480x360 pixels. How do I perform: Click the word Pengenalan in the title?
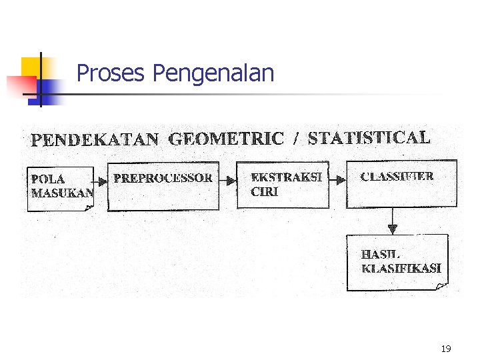[x=213, y=73]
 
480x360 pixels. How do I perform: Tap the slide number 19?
[x=446, y=348]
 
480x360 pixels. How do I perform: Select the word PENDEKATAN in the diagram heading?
[x=95, y=140]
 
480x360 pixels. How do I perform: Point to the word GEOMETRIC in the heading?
[x=226, y=139]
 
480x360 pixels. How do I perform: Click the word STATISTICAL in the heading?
[x=369, y=138]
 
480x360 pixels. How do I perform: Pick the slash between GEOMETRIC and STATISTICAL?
[x=295, y=139]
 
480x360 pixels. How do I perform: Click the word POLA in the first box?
[x=48, y=179]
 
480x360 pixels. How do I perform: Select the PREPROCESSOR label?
[x=163, y=178]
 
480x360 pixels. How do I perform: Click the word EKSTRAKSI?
[x=286, y=177]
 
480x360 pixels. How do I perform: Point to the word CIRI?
[x=265, y=191]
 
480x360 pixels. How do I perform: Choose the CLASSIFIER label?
[x=397, y=177]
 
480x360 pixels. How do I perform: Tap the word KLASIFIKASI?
[x=401, y=268]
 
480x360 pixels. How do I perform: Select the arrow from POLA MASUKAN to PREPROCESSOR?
[x=100, y=180]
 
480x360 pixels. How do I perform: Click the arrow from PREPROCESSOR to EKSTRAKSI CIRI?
[x=228, y=180]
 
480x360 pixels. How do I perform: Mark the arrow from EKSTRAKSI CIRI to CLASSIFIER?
[x=338, y=179]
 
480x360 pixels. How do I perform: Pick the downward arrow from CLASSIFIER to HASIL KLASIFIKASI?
[x=393, y=222]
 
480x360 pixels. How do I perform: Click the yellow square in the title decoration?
[x=31, y=67]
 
